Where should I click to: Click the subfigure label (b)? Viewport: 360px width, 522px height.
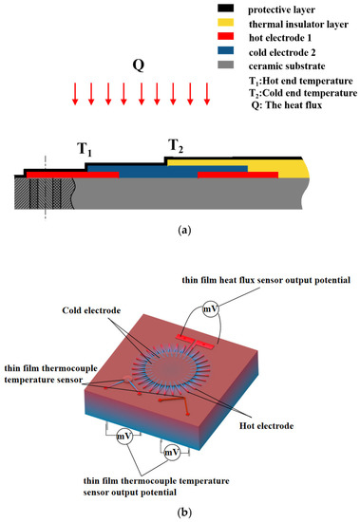(180, 513)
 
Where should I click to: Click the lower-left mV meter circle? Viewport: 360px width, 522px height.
(124, 438)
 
